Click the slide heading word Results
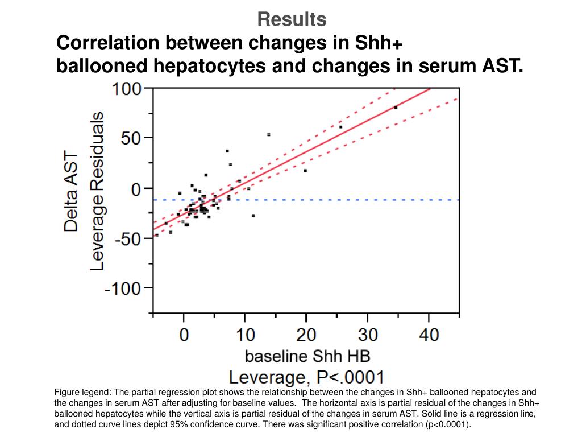(292, 19)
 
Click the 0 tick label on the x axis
(184, 335)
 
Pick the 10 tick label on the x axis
(245, 335)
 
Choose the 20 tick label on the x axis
(306, 335)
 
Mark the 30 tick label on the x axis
(368, 335)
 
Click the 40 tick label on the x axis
(429, 335)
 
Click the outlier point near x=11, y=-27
(253, 216)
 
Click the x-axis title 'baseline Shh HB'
(307, 356)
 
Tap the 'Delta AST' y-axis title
(72, 191)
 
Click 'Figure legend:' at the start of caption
(82, 393)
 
